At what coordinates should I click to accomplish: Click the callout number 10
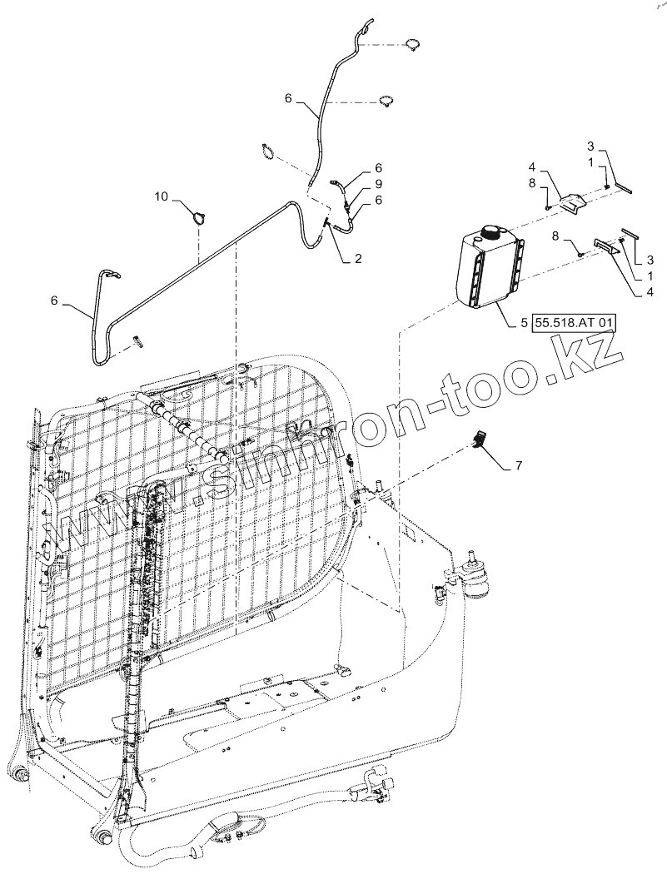coord(162,196)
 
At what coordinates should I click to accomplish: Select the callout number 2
coord(357,259)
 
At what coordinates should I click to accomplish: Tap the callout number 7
coord(518,464)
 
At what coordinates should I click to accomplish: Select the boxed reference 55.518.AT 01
coord(574,323)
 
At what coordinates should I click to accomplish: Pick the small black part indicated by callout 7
coord(480,438)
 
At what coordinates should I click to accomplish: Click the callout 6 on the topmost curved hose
coord(288,98)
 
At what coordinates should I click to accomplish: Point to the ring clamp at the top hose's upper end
coord(414,44)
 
